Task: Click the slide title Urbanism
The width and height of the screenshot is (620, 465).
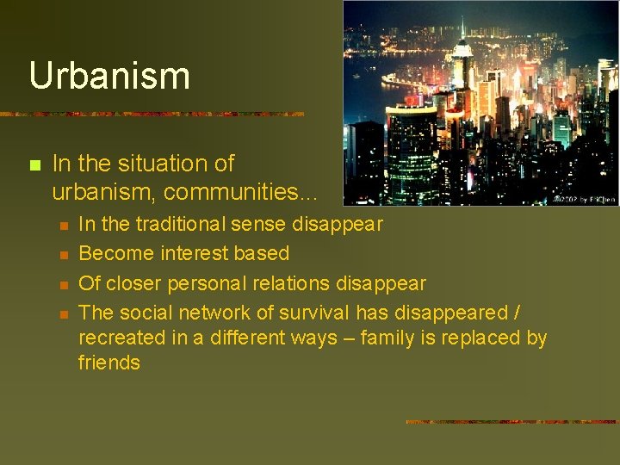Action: pos(109,76)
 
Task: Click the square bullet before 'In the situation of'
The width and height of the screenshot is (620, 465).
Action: pos(34,164)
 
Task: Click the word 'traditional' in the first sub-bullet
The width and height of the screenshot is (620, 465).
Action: pos(175,225)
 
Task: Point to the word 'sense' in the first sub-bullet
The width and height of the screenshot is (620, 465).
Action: pos(260,225)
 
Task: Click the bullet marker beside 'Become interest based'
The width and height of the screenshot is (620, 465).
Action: pos(63,255)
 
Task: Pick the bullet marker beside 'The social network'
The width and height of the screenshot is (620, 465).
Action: pos(63,313)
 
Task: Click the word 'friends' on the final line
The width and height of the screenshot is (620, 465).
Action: pos(109,363)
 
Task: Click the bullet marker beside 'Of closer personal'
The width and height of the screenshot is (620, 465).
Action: pos(63,284)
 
